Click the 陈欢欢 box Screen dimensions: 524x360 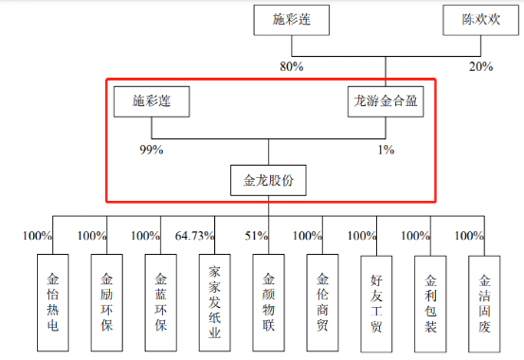[x=480, y=20]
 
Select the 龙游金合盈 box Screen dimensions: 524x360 [x=386, y=101]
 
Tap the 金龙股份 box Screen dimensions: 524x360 [x=268, y=180]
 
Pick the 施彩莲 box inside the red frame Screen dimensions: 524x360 [x=152, y=101]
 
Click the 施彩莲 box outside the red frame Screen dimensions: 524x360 [x=292, y=20]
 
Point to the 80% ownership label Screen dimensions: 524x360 [x=292, y=66]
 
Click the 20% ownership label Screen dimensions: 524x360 [x=481, y=66]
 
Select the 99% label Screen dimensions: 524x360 [x=152, y=150]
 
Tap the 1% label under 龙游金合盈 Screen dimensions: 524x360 [x=386, y=150]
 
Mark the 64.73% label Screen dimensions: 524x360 [x=194, y=236]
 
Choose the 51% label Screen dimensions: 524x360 [x=257, y=236]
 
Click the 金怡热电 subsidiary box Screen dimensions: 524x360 [x=53, y=303]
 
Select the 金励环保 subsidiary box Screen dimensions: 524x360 [x=107, y=303]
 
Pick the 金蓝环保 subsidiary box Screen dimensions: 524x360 [x=161, y=303]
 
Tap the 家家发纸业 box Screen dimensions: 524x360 [x=214, y=303]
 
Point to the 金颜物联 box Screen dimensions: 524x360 [x=269, y=303]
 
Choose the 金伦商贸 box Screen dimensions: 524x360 [x=322, y=303]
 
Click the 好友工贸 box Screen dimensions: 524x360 [x=376, y=304]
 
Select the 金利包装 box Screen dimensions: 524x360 [x=430, y=304]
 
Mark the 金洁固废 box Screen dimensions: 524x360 [x=484, y=304]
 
